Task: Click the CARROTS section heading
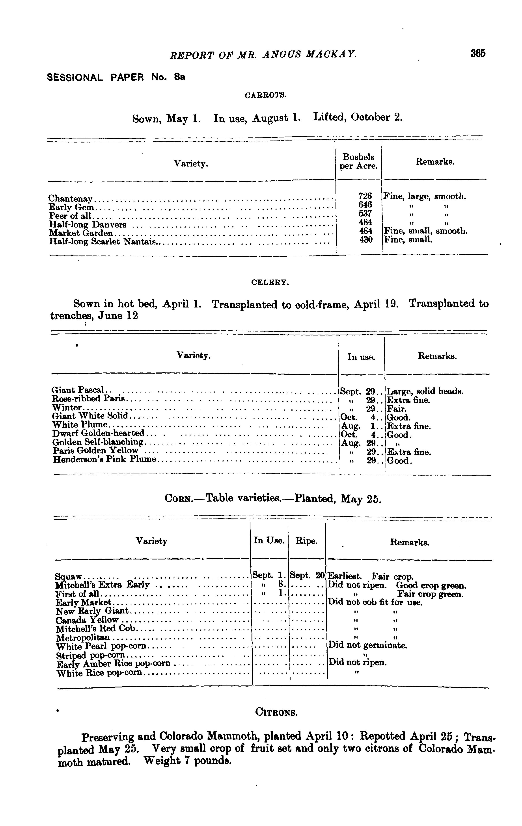point(265,95)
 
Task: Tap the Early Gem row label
point(71,207)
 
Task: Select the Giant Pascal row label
point(78,390)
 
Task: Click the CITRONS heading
point(276,713)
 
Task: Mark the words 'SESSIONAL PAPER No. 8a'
point(116,77)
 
